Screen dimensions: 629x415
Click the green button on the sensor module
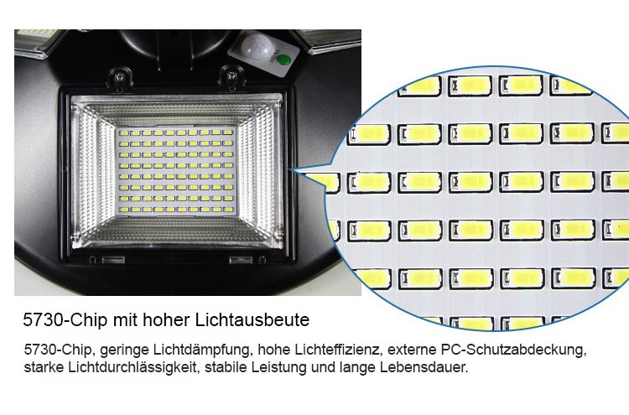click(283, 60)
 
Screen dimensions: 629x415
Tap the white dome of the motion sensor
click(257, 46)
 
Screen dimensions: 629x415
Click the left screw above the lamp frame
click(119, 75)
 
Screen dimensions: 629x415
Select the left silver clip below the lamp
click(113, 260)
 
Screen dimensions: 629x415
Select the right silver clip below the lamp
click(241, 260)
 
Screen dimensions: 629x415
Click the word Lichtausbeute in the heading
click(252, 320)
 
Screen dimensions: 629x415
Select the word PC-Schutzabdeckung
click(513, 350)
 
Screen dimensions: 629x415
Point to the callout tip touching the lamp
click(289, 169)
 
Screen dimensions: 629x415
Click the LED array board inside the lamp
click(176, 171)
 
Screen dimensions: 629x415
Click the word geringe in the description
click(124, 350)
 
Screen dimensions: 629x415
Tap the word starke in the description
click(44, 367)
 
